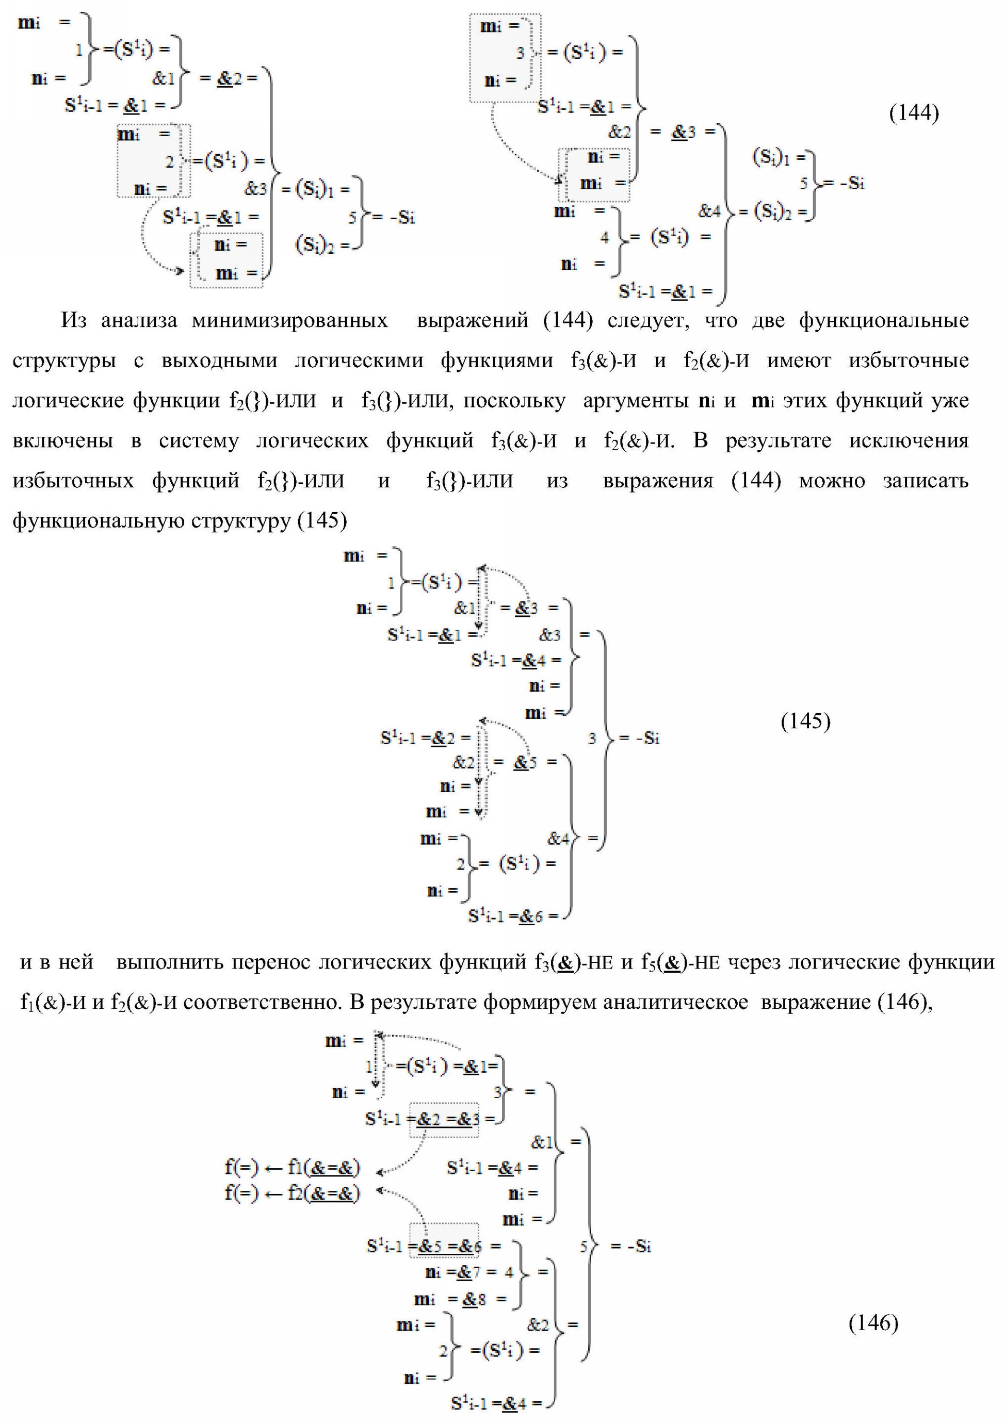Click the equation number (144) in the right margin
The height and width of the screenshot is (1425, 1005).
click(x=914, y=113)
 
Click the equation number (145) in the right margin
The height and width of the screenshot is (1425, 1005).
click(x=805, y=720)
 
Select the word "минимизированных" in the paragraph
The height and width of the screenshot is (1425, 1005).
click(x=289, y=321)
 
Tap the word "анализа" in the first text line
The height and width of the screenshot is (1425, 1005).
click(x=138, y=321)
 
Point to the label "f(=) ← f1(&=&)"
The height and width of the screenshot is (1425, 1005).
click(x=293, y=1168)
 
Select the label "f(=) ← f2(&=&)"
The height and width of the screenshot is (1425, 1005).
click(x=293, y=1193)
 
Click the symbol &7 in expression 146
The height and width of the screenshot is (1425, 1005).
click(x=468, y=1272)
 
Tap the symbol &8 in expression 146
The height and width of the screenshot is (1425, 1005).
click(x=474, y=1299)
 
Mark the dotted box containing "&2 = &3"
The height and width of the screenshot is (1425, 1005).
click(x=444, y=1119)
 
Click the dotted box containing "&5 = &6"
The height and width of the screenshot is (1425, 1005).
click(x=444, y=1245)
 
